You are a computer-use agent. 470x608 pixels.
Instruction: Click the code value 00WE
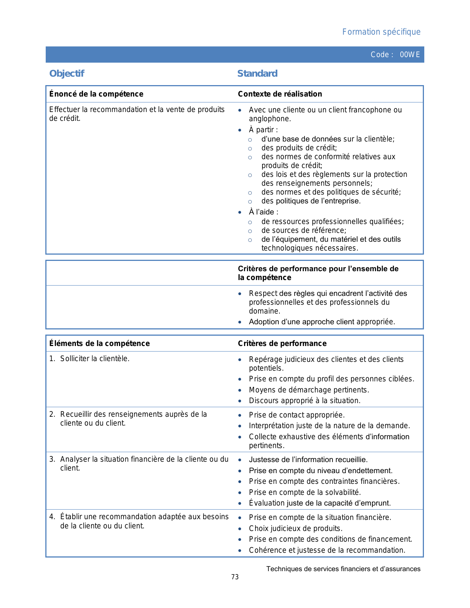tap(410, 55)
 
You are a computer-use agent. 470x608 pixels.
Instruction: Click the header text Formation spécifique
tap(381, 32)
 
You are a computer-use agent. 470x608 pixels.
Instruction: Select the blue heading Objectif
tap(67, 74)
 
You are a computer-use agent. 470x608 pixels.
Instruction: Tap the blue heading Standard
tap(257, 74)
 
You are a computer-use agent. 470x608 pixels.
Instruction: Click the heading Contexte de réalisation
tap(280, 94)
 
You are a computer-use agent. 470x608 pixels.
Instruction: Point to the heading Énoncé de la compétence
tap(96, 94)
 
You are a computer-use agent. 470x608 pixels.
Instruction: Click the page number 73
tap(235, 577)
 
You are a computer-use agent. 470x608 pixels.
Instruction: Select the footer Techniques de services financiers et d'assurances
tap(343, 569)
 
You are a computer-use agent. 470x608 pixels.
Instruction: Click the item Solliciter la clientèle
tap(95, 359)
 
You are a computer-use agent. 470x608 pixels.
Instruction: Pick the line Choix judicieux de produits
tap(296, 528)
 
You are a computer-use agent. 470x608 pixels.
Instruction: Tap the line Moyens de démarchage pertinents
tap(309, 390)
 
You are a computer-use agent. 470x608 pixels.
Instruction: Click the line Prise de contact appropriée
tap(297, 415)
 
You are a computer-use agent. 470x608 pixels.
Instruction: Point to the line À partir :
tap(263, 130)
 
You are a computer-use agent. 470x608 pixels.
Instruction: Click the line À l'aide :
tap(264, 212)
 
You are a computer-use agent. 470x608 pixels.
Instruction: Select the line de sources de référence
tap(304, 230)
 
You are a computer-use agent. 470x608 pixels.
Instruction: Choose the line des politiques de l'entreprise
tap(311, 201)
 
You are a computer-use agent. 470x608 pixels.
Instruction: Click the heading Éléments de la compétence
tap(100, 343)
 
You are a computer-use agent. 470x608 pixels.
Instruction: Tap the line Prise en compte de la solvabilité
tap(305, 492)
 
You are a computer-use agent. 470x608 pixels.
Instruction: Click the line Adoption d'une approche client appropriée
tap(322, 322)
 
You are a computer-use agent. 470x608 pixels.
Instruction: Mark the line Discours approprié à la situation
tap(304, 401)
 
